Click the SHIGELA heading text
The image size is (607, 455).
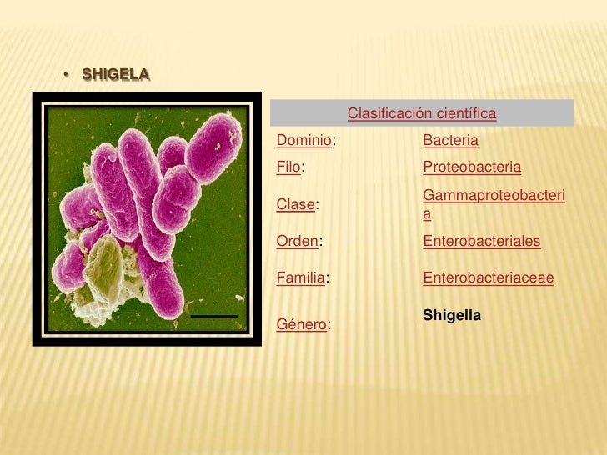[x=116, y=76]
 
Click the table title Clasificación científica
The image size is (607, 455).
[x=422, y=112]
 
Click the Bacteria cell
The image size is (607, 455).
[x=451, y=141]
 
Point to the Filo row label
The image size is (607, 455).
[x=288, y=167]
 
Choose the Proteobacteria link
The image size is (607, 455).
[x=472, y=167]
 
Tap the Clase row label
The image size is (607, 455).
[x=297, y=204]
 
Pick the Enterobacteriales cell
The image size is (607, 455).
[x=482, y=241]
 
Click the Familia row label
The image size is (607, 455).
[x=300, y=277]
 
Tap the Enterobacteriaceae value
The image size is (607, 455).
[x=489, y=277]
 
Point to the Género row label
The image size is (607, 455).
[x=301, y=324]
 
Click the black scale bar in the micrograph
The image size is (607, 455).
[x=214, y=317]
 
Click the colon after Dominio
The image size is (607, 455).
[x=334, y=141]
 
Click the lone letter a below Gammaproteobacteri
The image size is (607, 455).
[x=427, y=214]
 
